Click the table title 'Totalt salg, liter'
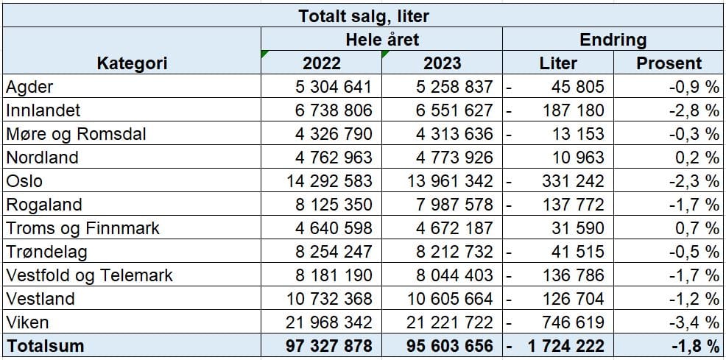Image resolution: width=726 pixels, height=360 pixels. [364, 15]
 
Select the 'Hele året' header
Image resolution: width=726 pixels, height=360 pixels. [381, 39]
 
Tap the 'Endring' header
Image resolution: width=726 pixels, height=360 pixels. [613, 39]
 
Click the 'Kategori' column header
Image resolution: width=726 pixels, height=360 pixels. [132, 63]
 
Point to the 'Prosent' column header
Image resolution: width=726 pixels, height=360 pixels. [669, 63]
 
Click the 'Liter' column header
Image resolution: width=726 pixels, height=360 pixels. [558, 63]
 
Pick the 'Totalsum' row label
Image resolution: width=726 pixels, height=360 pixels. [45, 346]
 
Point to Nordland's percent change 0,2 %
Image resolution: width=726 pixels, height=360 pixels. [694, 158]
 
